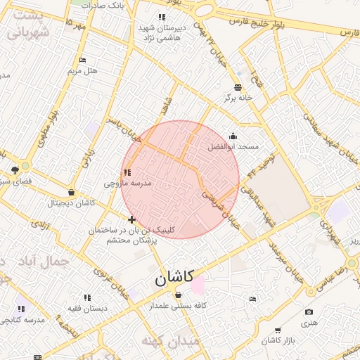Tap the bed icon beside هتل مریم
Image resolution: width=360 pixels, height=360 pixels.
(x=82, y=60)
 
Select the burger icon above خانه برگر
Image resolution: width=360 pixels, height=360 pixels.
(x=238, y=87)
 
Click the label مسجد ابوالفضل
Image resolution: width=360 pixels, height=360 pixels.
(x=233, y=147)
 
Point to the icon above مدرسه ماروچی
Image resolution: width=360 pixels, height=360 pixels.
(x=127, y=172)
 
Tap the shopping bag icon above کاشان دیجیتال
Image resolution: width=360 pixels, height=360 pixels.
(x=71, y=193)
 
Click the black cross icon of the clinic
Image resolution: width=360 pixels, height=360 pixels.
(x=132, y=220)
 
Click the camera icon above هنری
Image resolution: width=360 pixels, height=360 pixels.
(x=309, y=312)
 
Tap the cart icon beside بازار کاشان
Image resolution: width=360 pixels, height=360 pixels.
(x=278, y=330)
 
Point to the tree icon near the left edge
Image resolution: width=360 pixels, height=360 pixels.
(x=15, y=170)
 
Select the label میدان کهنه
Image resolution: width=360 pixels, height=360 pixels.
(x=171, y=341)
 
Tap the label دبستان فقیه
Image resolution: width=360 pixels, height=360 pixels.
(x=86, y=308)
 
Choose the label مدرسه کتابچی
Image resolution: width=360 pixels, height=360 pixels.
(x=25, y=320)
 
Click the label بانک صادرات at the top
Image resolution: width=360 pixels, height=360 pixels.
(x=103, y=4)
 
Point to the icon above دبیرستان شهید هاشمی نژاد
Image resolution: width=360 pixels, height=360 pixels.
(x=162, y=17)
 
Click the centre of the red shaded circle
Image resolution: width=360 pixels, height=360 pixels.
(x=180, y=180)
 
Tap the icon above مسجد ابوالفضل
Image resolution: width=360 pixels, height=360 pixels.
(x=233, y=136)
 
